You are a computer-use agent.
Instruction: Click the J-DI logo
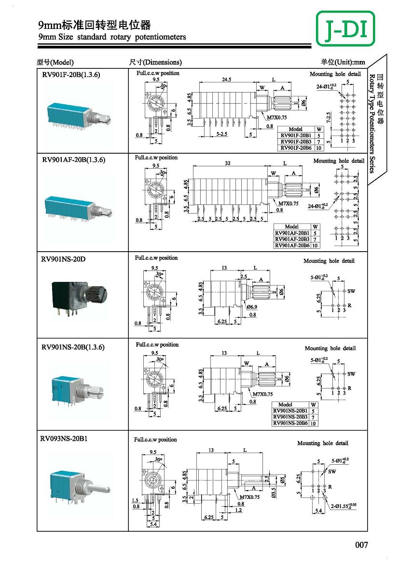(345, 29)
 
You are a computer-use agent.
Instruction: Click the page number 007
(361, 545)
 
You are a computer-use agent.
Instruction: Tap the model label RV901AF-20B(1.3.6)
(73, 160)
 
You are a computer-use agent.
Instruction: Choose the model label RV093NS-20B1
(64, 439)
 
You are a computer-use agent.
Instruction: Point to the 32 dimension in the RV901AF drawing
(227, 163)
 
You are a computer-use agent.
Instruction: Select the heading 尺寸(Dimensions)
(155, 62)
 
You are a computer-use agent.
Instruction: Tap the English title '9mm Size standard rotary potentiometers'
(112, 37)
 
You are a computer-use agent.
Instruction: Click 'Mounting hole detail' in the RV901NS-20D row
(329, 261)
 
